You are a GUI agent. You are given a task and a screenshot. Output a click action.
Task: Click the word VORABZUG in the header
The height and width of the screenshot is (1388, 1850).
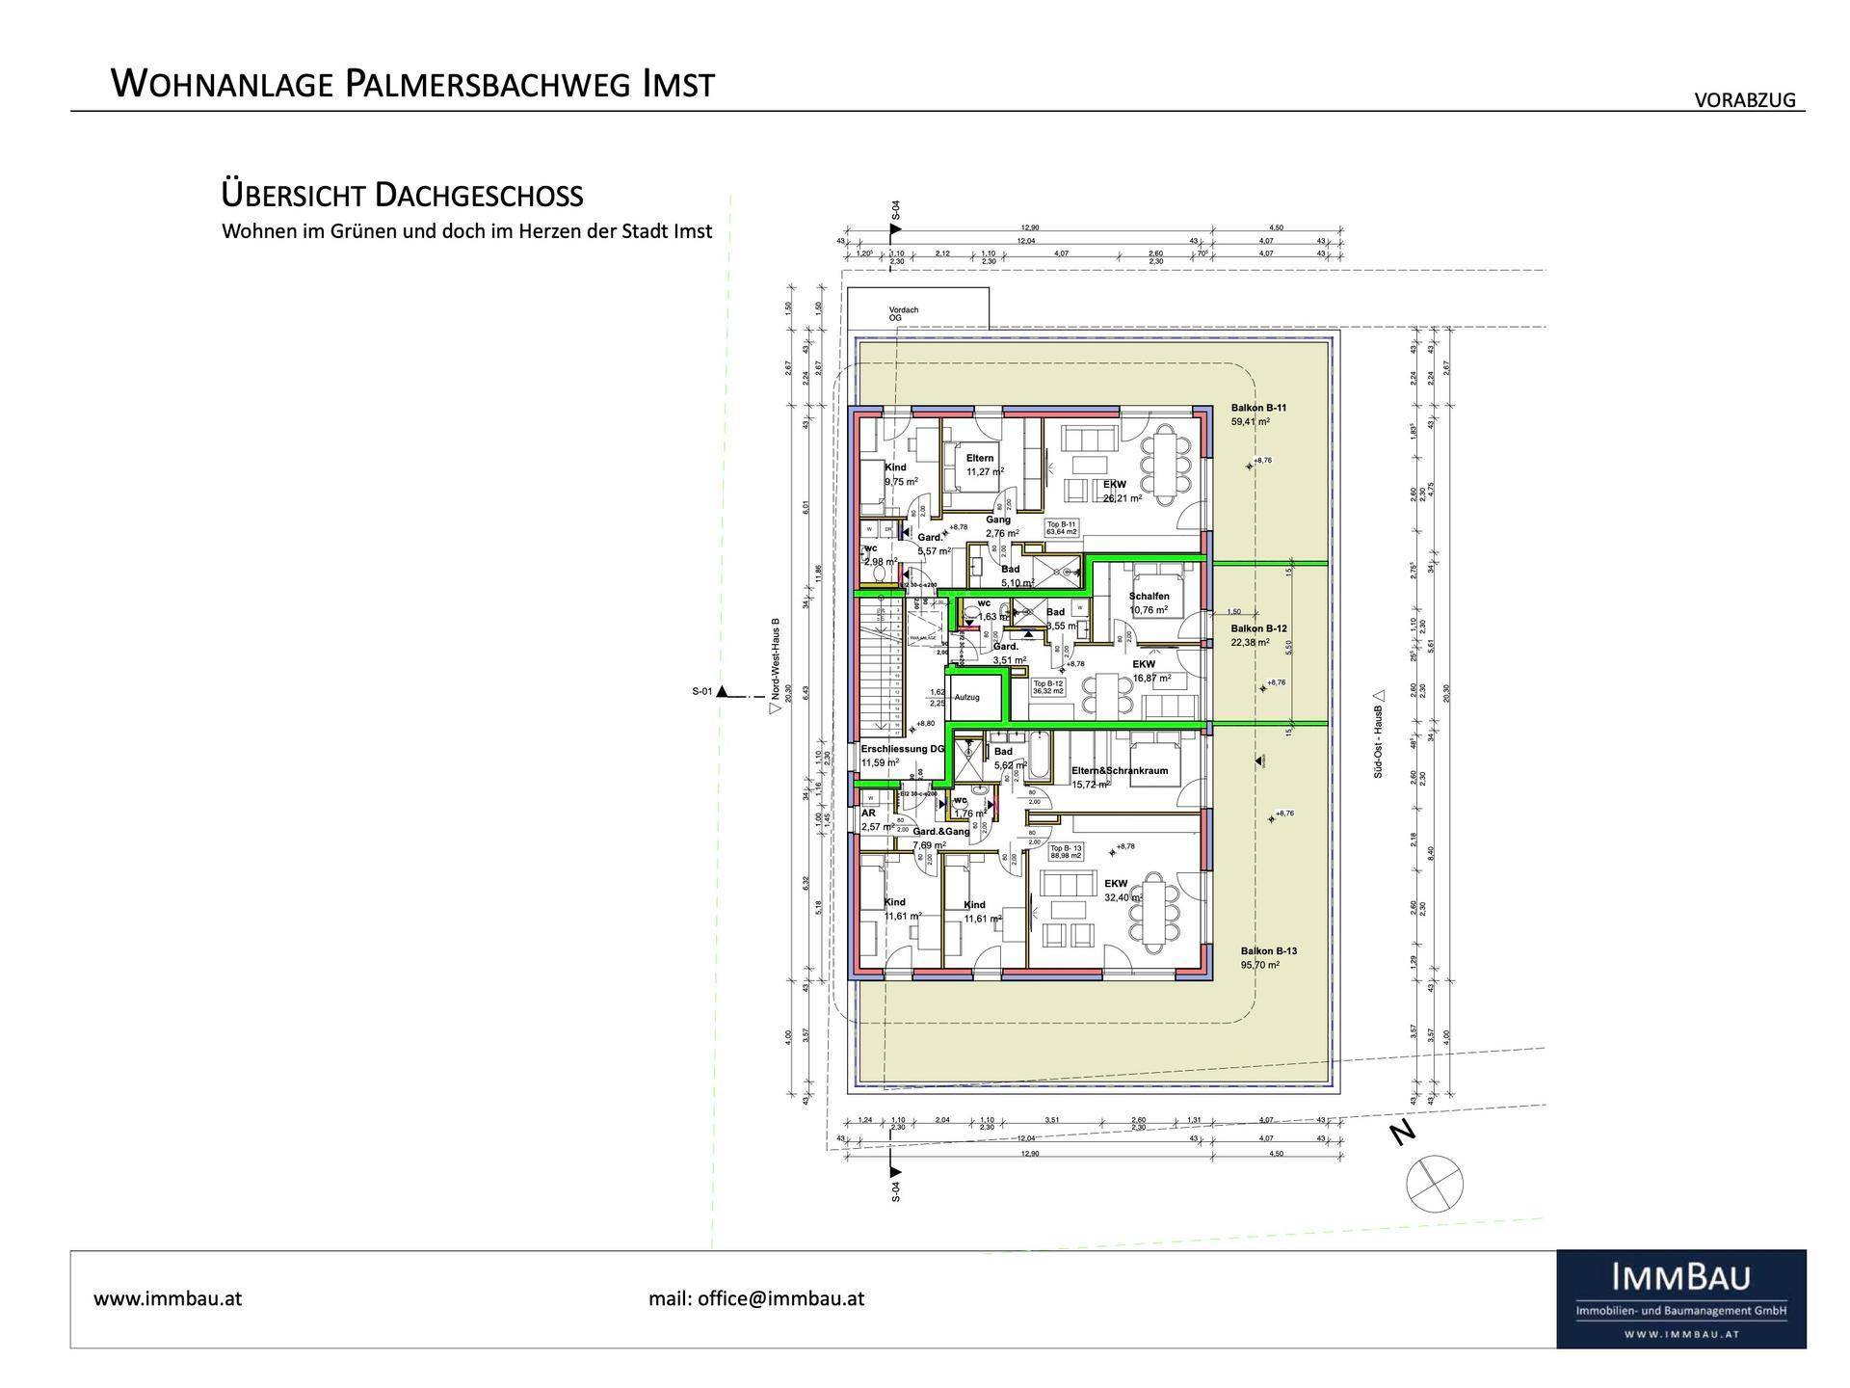[x=1745, y=100]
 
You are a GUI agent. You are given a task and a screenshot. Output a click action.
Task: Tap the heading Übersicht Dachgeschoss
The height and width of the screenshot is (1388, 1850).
[x=402, y=196]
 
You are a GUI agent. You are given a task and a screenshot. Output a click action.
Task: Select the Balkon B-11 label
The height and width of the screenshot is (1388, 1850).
[x=1257, y=409]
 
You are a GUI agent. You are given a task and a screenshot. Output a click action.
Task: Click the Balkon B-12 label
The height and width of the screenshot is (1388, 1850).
[x=1258, y=628]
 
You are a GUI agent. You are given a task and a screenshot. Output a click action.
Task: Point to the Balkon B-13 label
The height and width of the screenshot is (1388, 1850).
[x=1268, y=950]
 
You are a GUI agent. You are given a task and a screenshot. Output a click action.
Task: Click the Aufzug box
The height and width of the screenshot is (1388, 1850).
[x=966, y=697]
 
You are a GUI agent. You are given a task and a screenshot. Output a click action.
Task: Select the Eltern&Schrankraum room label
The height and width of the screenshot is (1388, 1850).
[x=1119, y=771]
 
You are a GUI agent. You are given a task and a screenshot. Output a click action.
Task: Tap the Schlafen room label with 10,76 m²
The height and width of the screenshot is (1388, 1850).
[x=1149, y=597]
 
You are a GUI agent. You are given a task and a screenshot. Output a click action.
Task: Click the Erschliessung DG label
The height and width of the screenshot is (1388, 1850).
[x=902, y=749]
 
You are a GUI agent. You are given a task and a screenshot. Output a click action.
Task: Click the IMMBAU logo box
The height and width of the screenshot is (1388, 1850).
[x=1680, y=1298]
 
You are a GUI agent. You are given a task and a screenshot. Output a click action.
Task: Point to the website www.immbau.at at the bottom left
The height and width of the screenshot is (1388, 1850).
[x=168, y=1298]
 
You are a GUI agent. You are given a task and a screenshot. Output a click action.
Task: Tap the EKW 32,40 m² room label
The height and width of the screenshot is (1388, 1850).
[x=1117, y=884]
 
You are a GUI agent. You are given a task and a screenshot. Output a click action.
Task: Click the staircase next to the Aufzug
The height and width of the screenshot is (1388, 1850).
[x=883, y=665]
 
